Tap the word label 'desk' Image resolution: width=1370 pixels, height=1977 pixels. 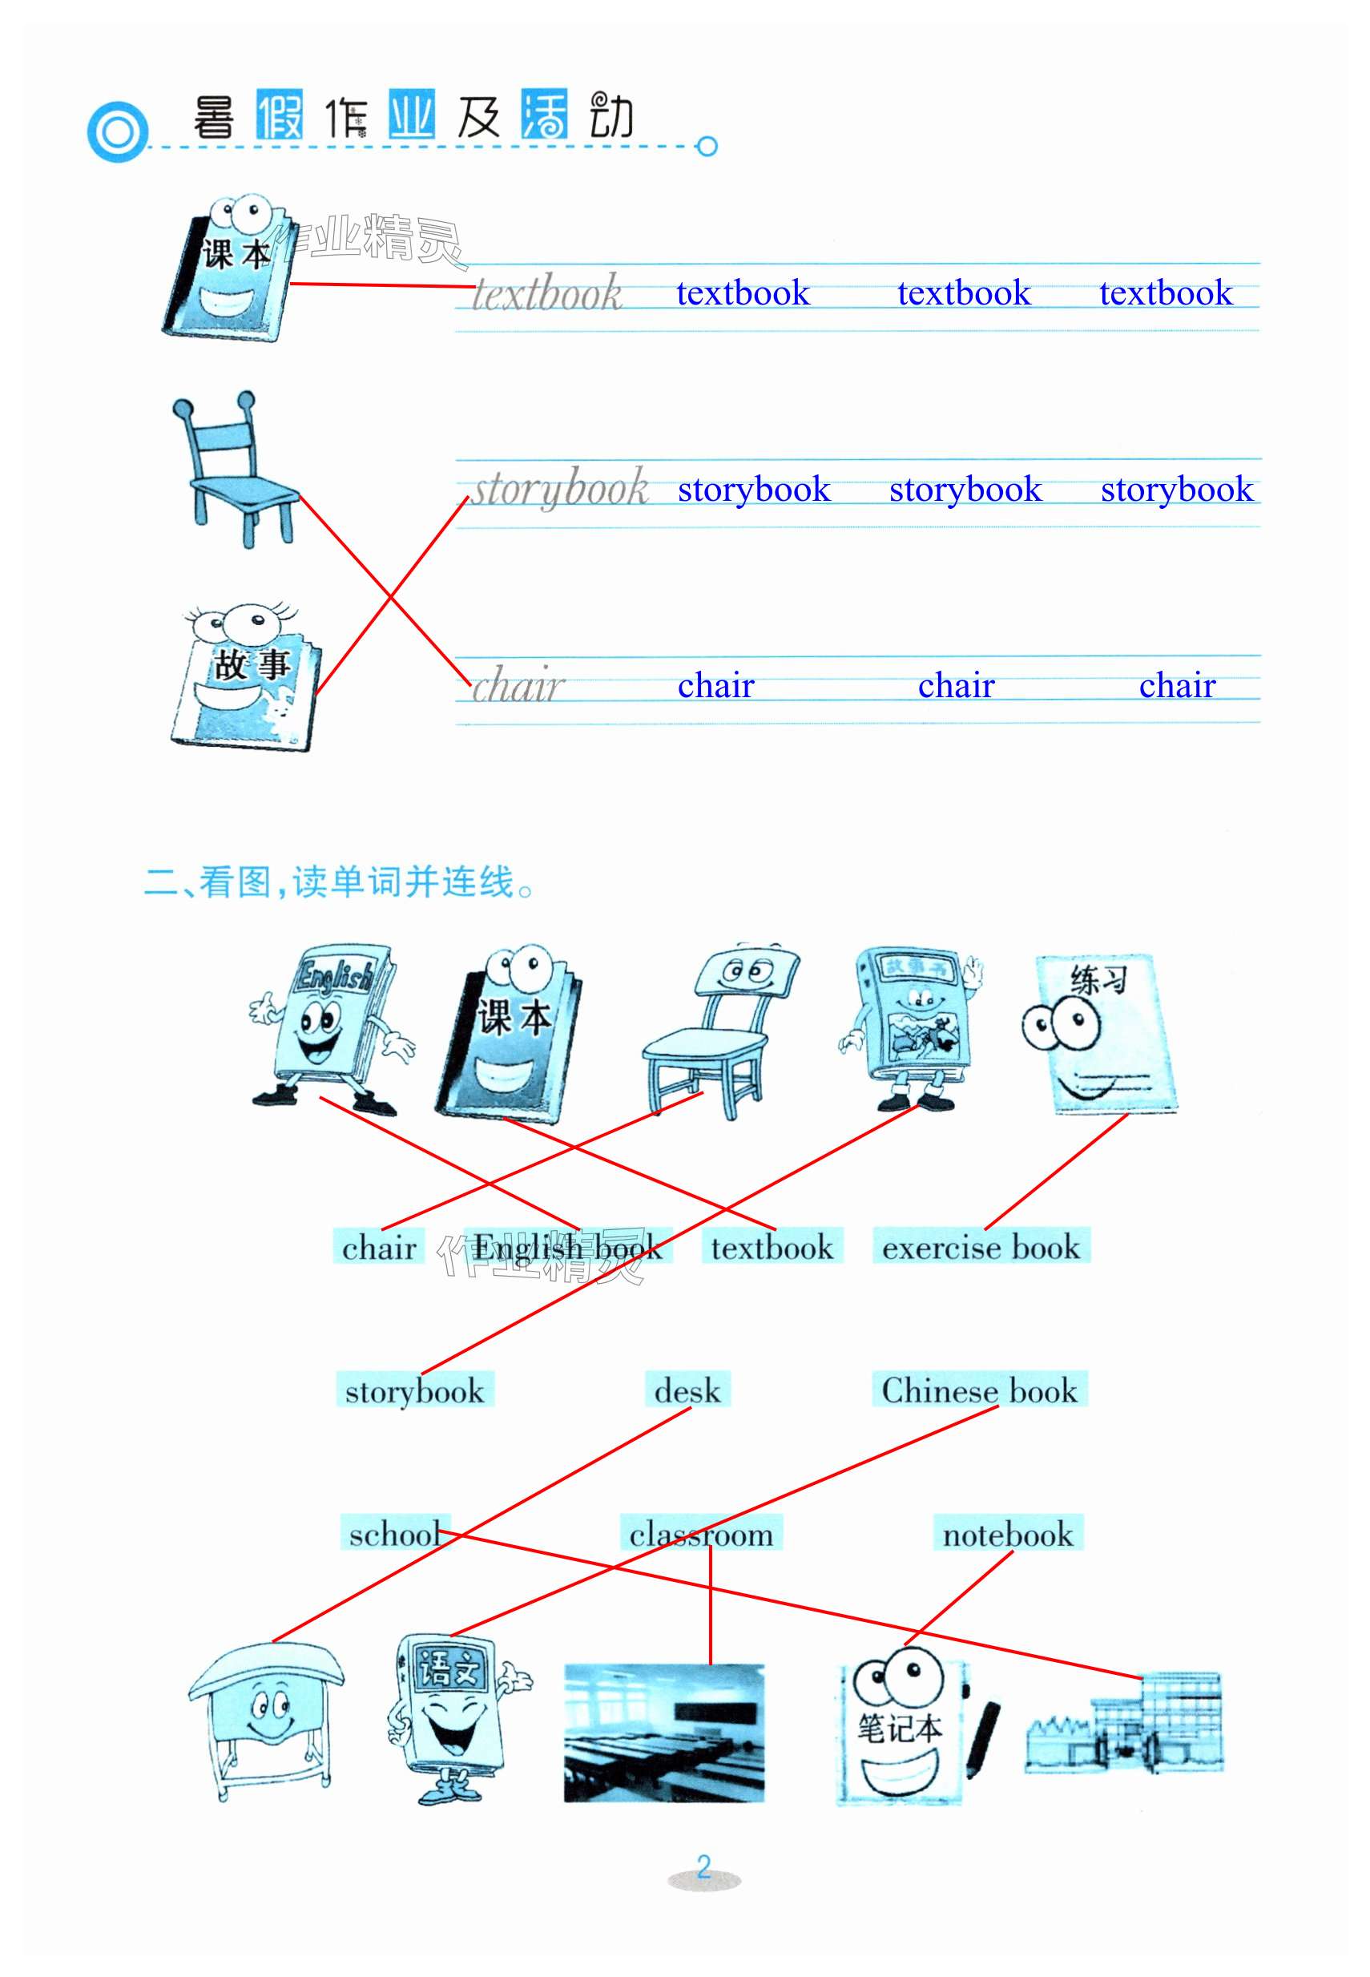click(x=687, y=1390)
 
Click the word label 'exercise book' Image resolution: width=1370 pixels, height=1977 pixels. click(x=981, y=1246)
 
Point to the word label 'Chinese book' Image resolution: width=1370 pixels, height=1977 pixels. click(x=978, y=1390)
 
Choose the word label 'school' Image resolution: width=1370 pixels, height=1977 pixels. click(x=394, y=1533)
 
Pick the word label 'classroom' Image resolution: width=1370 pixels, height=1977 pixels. click(x=700, y=1533)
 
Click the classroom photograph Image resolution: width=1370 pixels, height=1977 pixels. click(x=663, y=1733)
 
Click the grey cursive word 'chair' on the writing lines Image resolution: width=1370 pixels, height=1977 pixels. click(x=517, y=685)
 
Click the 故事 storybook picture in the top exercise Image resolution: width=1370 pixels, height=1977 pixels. click(x=247, y=678)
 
